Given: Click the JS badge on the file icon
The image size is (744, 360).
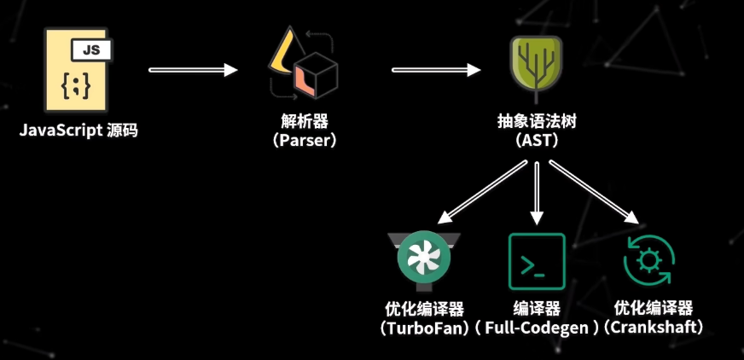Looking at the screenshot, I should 90,50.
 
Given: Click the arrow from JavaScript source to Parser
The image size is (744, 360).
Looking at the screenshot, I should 193,70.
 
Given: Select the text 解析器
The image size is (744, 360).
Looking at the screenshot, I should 305,121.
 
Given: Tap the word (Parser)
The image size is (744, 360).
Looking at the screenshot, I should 305,140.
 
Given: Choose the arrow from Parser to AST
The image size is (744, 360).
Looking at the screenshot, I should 434,70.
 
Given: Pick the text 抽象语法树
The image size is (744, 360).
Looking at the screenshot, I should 537,121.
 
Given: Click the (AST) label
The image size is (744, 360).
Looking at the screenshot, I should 537,140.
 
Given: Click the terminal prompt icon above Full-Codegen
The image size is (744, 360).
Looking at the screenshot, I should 537,261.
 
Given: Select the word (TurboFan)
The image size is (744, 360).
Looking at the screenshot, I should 425,327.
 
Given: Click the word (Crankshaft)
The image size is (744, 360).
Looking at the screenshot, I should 654,327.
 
